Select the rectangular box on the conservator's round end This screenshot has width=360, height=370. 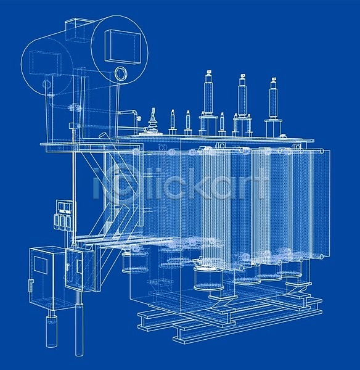click(122, 47)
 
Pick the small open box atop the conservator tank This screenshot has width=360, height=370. click(80, 30)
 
